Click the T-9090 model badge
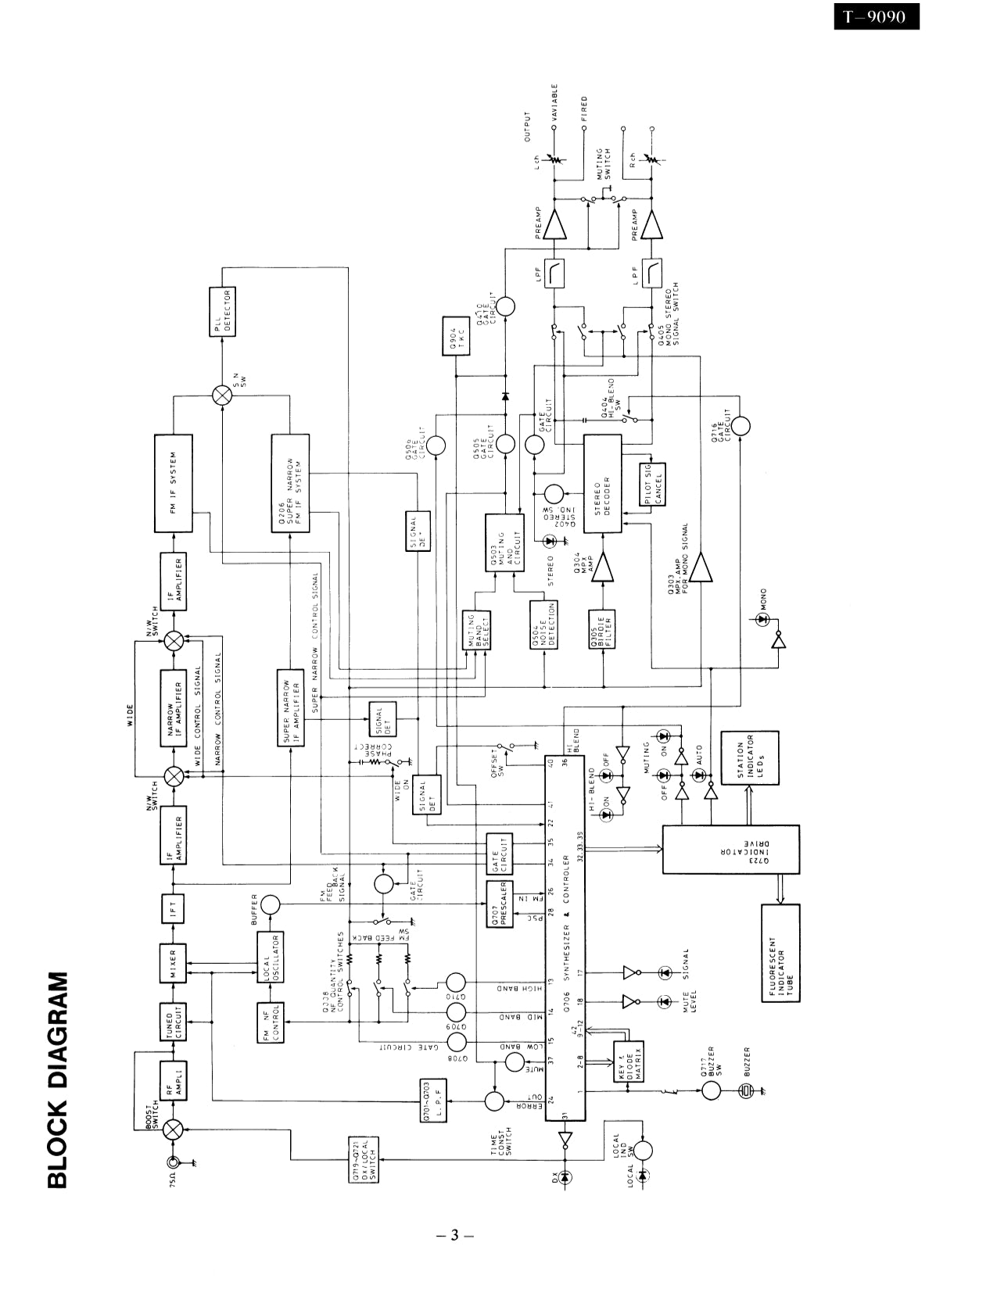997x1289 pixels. point(875,16)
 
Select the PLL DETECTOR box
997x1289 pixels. point(223,311)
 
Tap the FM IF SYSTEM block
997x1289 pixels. point(174,483)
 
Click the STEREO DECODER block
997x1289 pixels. point(602,483)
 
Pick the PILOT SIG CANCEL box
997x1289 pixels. point(653,485)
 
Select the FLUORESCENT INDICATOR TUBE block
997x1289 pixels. point(780,953)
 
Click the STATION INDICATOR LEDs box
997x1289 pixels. point(749,758)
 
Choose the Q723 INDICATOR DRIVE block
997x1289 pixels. point(730,849)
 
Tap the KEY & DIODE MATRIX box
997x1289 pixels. point(628,1062)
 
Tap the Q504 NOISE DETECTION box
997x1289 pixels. point(543,625)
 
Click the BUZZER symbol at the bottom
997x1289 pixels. point(745,1090)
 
